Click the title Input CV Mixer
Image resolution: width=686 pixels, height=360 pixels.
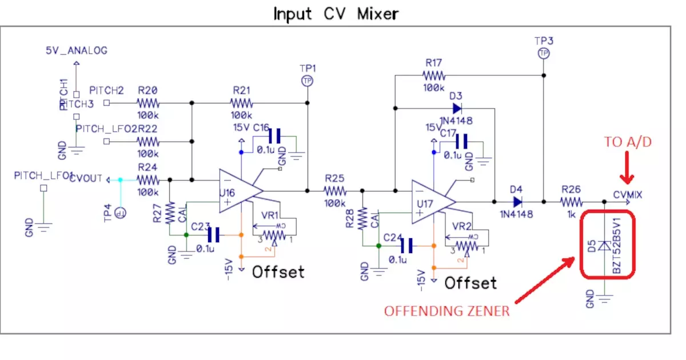336,14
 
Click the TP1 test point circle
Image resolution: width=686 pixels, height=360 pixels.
308,81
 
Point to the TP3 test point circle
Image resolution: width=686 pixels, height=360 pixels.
543,53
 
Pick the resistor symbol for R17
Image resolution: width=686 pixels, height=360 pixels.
434,75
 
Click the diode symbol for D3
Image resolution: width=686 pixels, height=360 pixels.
457,108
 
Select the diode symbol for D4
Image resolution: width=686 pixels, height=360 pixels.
517,201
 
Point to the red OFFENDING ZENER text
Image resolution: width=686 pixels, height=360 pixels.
446,311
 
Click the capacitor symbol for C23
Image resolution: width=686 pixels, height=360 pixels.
214,234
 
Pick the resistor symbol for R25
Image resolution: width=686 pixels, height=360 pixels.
334,191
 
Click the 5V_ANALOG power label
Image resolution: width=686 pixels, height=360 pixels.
77,51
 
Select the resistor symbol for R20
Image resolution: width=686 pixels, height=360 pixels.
147,103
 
